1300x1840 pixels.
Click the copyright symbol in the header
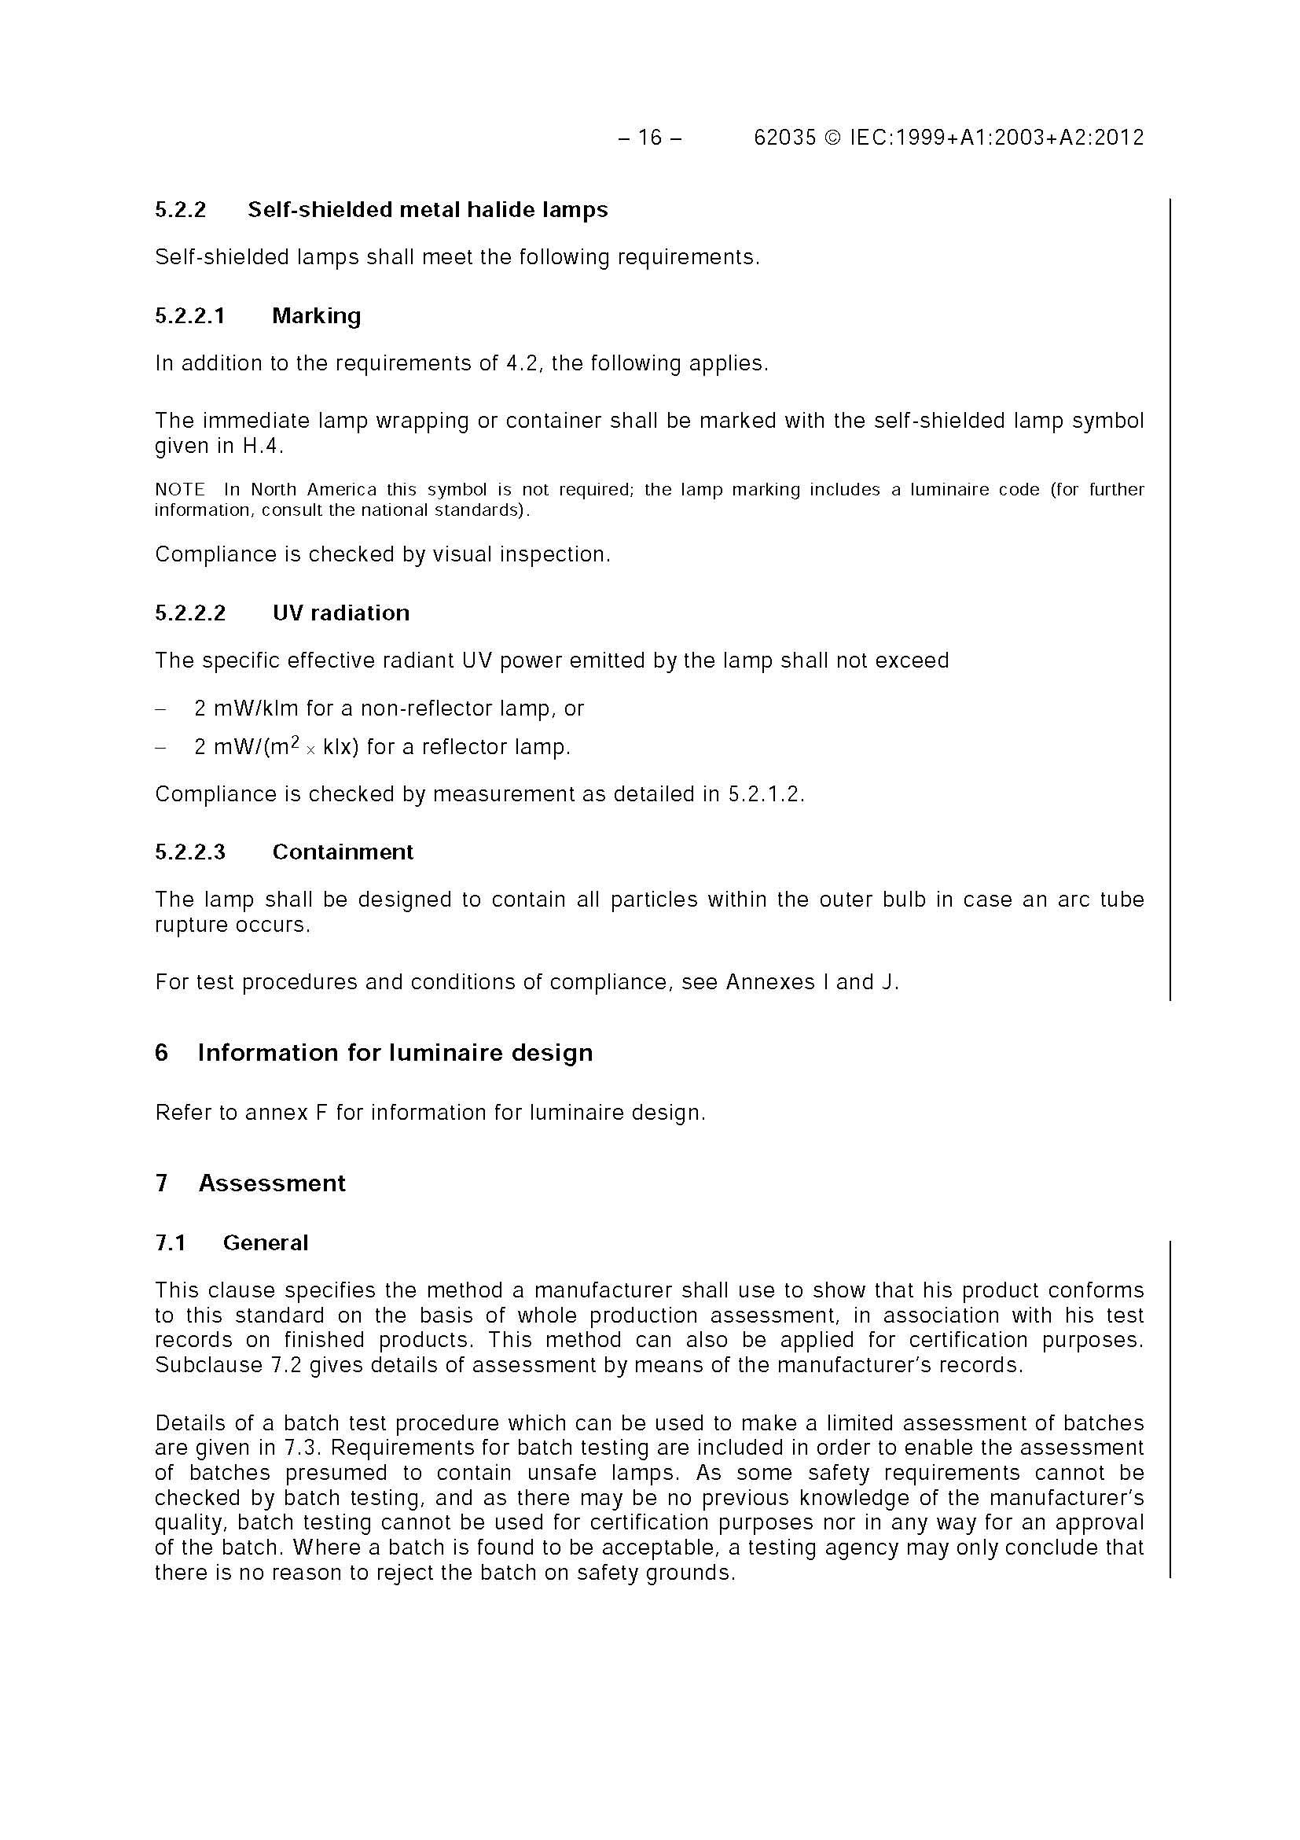[833, 138]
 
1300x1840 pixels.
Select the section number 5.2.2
[180, 210]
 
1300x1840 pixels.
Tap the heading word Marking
[317, 316]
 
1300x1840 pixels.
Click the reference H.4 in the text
[262, 447]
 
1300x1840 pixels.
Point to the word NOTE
[179, 490]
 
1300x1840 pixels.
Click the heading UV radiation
[340, 613]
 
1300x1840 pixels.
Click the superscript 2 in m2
[294, 742]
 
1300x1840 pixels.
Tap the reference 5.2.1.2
[764, 794]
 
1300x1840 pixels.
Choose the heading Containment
[343, 852]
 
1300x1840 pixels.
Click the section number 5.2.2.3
[190, 852]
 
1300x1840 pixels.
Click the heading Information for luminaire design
[395, 1053]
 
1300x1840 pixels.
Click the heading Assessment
[271, 1183]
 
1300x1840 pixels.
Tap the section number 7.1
[170, 1243]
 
